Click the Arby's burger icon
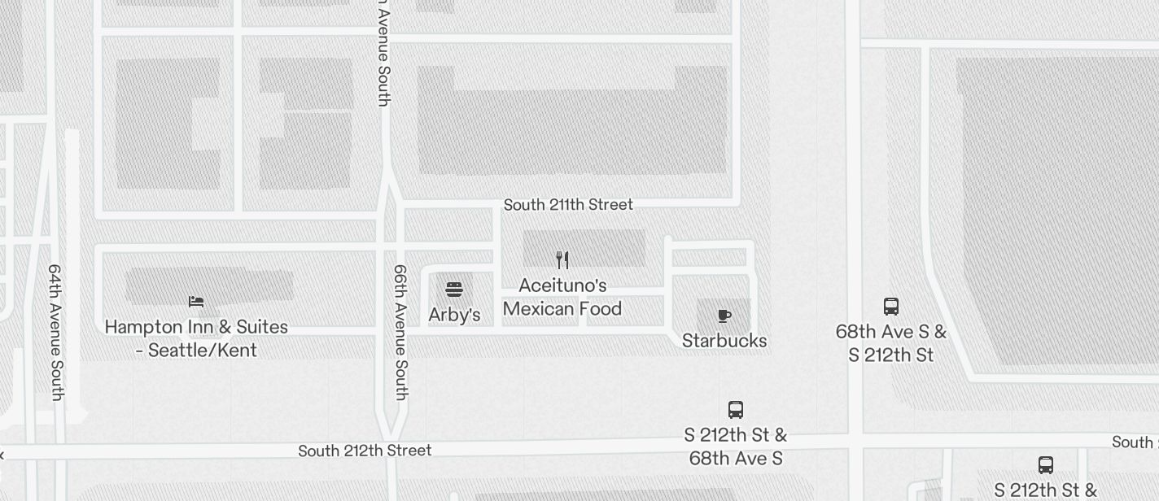click(x=454, y=290)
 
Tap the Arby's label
click(x=454, y=315)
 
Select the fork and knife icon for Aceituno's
click(x=562, y=260)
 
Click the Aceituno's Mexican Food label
click(x=562, y=297)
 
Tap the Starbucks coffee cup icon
click(x=724, y=316)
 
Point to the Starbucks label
click(x=724, y=341)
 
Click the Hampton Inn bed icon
click(x=196, y=302)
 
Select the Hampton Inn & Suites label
click(x=196, y=338)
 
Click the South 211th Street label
click(x=568, y=204)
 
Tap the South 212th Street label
click(x=365, y=451)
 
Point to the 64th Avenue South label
click(x=55, y=332)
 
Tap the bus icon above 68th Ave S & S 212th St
click(x=891, y=307)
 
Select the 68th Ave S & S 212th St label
click(x=891, y=343)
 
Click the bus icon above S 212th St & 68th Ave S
click(x=736, y=410)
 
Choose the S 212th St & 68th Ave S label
click(x=736, y=447)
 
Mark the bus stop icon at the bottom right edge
click(x=1046, y=465)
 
